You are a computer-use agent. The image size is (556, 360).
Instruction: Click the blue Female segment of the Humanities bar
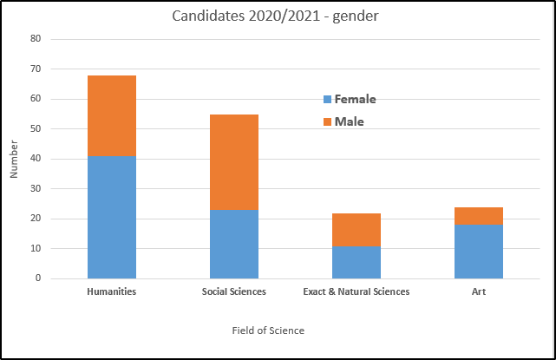(111, 217)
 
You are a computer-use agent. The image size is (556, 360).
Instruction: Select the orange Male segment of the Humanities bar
(111, 115)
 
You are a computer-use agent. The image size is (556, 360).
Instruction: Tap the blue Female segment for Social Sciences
(234, 244)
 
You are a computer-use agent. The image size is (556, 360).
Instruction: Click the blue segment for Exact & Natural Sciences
(356, 262)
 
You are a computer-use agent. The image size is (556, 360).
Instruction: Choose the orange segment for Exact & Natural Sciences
(356, 230)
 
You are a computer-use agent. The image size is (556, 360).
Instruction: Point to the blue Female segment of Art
(479, 252)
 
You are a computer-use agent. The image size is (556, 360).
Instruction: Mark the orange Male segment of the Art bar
(479, 216)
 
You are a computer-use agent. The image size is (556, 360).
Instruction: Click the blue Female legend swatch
(327, 100)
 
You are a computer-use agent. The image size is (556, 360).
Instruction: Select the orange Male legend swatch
(327, 122)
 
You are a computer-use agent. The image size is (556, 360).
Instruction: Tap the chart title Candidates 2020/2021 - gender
(277, 16)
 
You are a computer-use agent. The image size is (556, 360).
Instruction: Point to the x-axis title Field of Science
(268, 331)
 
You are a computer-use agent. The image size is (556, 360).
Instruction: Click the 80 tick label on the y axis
(36, 39)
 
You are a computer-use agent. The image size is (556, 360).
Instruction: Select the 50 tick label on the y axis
(36, 129)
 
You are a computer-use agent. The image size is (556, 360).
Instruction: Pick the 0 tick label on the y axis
(38, 278)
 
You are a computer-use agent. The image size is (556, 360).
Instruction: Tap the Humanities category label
(111, 291)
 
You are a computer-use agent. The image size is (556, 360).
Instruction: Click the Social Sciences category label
(234, 291)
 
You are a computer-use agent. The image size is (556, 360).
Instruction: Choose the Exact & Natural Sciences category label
(356, 291)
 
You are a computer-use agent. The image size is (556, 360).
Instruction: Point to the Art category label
(479, 291)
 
